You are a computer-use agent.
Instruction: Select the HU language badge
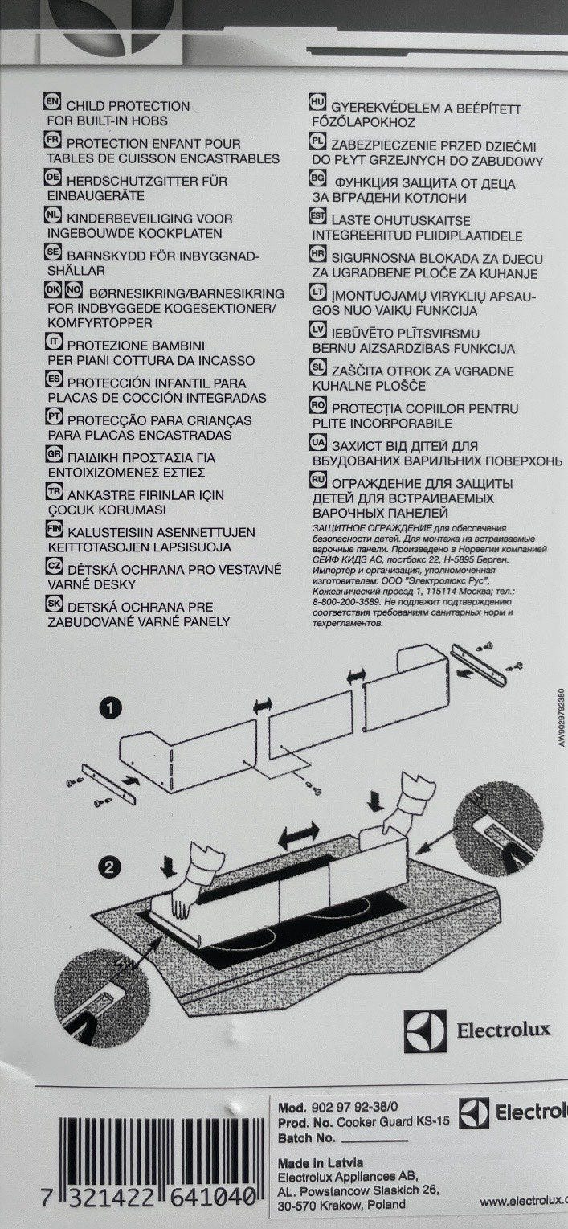coord(317,104)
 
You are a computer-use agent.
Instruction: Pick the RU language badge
coord(317,481)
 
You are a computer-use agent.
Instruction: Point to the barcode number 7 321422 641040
coord(129,1198)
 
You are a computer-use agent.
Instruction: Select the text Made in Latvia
coord(320,1163)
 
